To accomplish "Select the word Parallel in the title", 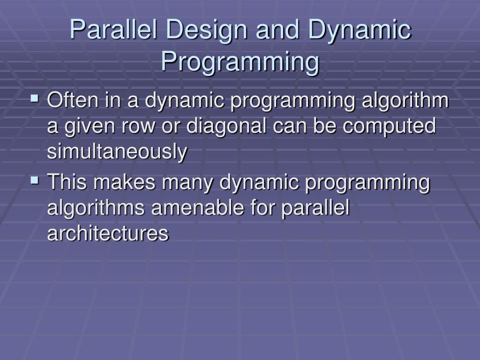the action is click(x=113, y=30).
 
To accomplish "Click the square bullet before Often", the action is click(x=35, y=98).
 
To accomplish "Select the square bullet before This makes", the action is click(x=35, y=180).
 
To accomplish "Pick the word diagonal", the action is click(x=226, y=126).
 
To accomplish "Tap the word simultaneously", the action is click(x=117, y=151).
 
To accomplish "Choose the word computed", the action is click(x=389, y=126).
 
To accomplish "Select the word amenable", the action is click(x=197, y=207).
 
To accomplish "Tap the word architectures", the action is click(x=108, y=233).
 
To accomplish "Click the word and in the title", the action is click(x=277, y=30).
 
